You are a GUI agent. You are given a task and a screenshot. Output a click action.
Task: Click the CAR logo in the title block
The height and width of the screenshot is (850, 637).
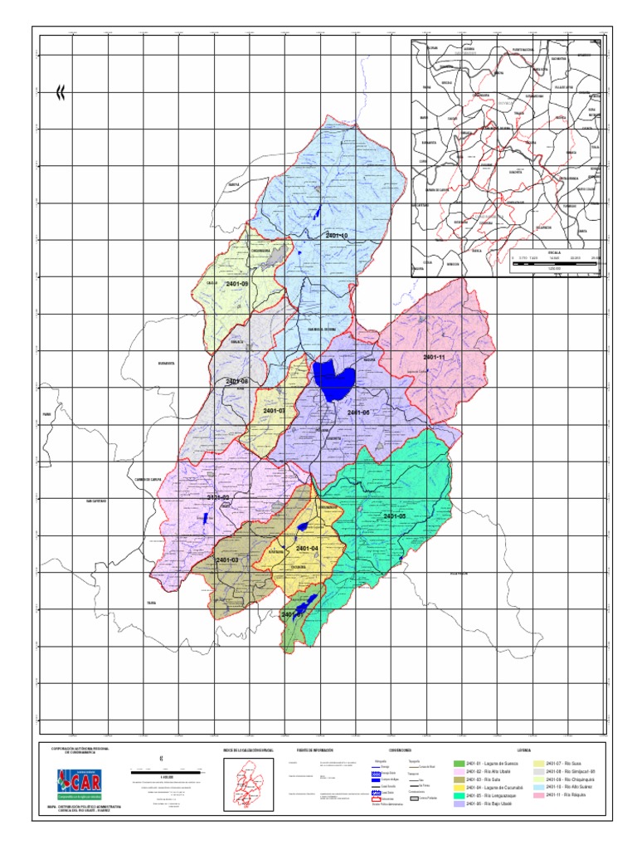click(x=81, y=783)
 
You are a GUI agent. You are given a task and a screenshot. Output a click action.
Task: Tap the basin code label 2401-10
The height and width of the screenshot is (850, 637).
click(x=336, y=236)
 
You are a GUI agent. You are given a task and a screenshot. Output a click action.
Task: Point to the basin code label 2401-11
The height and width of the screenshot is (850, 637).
click(x=434, y=358)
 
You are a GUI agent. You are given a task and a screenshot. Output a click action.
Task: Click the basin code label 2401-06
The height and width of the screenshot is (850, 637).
click(x=357, y=413)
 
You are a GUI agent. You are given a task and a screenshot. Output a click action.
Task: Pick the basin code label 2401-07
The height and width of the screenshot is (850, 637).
click(x=274, y=411)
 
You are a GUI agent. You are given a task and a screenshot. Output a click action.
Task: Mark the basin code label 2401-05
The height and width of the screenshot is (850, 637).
click(x=395, y=516)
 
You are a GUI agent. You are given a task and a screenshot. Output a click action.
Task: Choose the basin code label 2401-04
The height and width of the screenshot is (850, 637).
click(x=307, y=549)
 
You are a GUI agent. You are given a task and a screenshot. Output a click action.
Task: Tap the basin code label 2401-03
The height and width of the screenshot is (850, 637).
click(x=227, y=561)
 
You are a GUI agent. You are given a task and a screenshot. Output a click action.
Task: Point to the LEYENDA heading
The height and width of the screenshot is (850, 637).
click(x=523, y=750)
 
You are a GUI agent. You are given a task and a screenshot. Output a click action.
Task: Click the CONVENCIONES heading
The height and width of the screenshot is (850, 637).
click(x=388, y=750)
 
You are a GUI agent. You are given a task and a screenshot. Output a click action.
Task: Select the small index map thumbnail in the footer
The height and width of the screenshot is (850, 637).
click(x=250, y=784)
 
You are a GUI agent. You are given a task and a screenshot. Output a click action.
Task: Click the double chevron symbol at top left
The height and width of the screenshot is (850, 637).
click(x=60, y=93)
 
